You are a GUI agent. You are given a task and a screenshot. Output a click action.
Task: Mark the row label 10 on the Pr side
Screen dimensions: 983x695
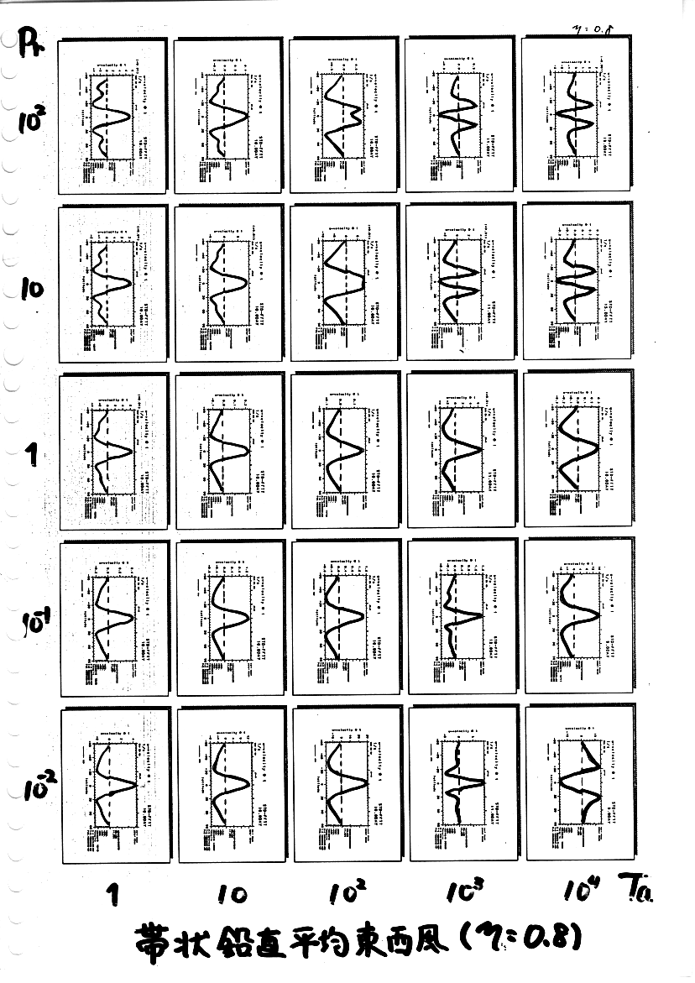coord(31,290)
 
